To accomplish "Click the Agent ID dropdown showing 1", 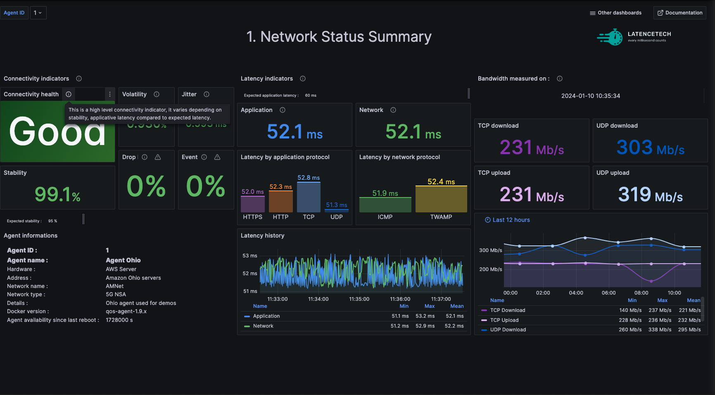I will pyautogui.click(x=38, y=13).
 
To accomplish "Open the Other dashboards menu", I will pyautogui.click(x=615, y=13).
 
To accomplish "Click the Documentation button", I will pyautogui.click(x=680, y=13).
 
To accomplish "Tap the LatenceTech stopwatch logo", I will pyautogui.click(x=610, y=37).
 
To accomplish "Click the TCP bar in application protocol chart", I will pyautogui.click(x=309, y=197).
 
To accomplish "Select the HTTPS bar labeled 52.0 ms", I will pyautogui.click(x=252, y=204).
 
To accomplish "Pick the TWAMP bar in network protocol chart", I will pyautogui.click(x=441, y=199).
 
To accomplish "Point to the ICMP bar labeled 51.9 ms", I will pyautogui.click(x=385, y=205).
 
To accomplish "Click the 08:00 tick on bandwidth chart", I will pyautogui.click(x=641, y=293).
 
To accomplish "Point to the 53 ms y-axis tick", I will pyautogui.click(x=249, y=256).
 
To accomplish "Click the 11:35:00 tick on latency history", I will pyautogui.click(x=359, y=299).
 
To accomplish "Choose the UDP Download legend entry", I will pyautogui.click(x=508, y=330).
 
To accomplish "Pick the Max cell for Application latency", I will pyautogui.click(x=425, y=316).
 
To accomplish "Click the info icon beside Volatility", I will pyautogui.click(x=157, y=94).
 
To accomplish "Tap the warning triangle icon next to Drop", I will pyautogui.click(x=158, y=157).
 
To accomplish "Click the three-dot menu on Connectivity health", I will pyautogui.click(x=110, y=94).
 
